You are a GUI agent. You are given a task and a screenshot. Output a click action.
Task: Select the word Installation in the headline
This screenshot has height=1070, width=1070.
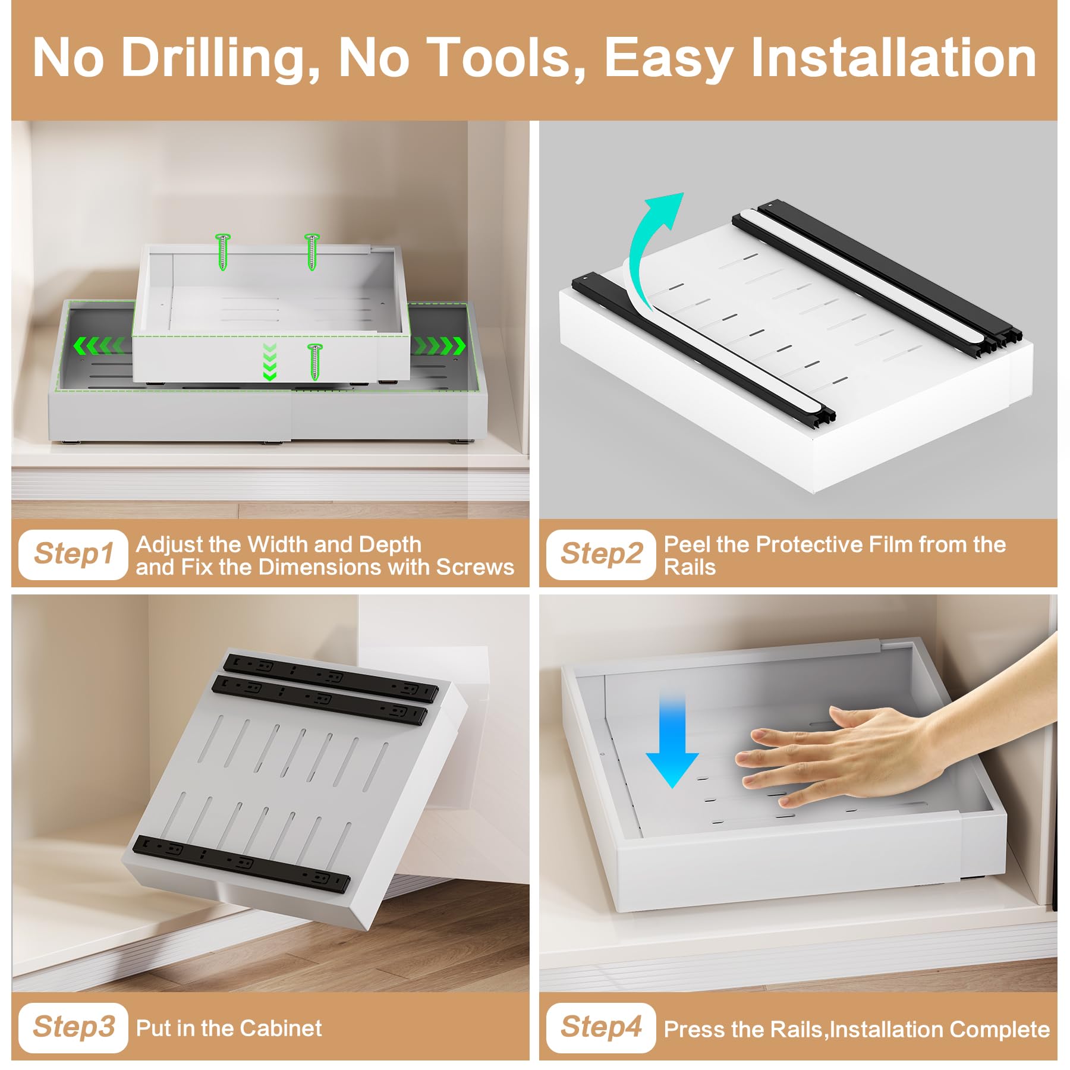pyautogui.click(x=893, y=58)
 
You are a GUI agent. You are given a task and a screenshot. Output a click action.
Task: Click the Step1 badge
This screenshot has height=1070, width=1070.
pyautogui.click(x=73, y=554)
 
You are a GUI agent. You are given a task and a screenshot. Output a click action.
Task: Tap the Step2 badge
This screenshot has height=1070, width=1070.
pyautogui.click(x=600, y=554)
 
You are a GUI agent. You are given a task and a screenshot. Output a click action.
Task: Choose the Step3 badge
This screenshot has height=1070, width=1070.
pyautogui.click(x=73, y=1027)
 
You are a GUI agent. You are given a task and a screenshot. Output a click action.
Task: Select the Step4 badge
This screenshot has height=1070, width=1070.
pyautogui.click(x=600, y=1027)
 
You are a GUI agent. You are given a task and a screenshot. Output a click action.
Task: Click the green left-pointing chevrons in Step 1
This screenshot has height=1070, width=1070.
pyautogui.click(x=98, y=345)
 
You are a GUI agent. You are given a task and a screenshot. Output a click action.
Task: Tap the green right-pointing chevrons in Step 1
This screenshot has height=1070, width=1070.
pyautogui.click(x=440, y=345)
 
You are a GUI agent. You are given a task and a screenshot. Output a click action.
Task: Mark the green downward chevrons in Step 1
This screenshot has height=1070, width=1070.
pyautogui.click(x=269, y=361)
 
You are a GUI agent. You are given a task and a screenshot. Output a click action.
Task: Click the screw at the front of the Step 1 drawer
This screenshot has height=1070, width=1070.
pyautogui.click(x=314, y=361)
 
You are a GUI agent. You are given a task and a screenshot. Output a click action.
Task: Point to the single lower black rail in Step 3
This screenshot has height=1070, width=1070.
pyautogui.click(x=241, y=864)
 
